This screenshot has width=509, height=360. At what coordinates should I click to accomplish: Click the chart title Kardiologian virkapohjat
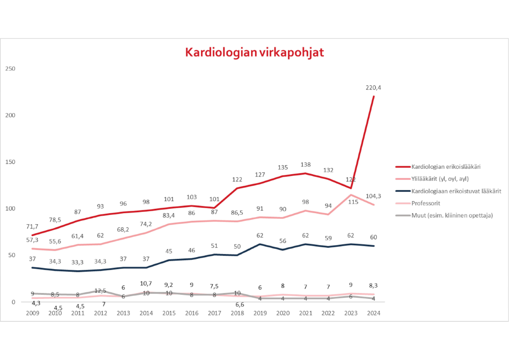[x=254, y=52]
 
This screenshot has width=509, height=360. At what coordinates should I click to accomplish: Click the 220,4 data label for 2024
[x=373, y=88]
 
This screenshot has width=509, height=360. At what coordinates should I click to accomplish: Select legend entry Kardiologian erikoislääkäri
[x=446, y=167]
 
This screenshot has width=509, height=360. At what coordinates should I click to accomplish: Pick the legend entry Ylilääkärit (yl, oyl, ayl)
[x=440, y=179]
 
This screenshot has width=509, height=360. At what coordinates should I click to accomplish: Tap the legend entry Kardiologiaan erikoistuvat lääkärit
[x=456, y=191]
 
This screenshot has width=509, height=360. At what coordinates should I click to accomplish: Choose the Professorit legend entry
[x=426, y=203]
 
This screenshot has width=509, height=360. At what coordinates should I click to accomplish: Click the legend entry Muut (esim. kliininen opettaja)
[x=452, y=216]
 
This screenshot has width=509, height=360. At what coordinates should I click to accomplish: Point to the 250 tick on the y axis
[x=10, y=69]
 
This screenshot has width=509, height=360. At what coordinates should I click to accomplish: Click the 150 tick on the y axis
[x=10, y=162]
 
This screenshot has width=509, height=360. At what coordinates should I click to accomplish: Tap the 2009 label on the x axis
[x=32, y=313]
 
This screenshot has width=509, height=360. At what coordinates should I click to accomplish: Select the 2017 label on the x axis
[x=215, y=313]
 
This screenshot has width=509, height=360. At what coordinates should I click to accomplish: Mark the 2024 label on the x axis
[x=374, y=313]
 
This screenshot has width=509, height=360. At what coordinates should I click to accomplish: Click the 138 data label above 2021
[x=305, y=165]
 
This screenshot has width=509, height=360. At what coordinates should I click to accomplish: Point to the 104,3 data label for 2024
[x=373, y=196]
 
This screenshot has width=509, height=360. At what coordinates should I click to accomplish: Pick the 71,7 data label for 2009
[x=32, y=227]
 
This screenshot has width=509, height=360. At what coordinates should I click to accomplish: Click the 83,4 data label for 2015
[x=169, y=216]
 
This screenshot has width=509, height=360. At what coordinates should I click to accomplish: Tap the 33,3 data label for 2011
[x=77, y=262]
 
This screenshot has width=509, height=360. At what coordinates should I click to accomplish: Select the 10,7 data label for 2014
[x=146, y=284]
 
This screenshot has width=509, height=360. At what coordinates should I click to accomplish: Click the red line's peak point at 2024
[x=374, y=96]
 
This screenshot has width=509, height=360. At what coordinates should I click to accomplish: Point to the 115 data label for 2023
[x=353, y=202]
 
